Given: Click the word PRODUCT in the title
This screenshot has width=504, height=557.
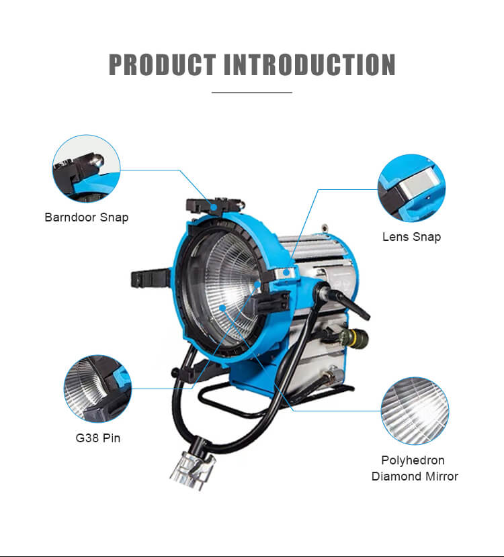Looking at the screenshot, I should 162,64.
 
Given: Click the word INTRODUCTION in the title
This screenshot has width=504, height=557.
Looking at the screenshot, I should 310,64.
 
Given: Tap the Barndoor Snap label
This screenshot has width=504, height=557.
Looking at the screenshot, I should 86,217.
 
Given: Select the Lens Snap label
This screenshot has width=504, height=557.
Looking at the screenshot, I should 411,236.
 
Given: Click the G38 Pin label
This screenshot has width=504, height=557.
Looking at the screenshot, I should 98,439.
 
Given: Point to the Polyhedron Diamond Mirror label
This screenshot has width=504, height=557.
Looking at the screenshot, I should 415,468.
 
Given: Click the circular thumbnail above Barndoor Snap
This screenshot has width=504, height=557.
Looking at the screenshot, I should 86,168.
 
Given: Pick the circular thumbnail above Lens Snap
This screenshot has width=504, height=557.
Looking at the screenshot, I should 411,188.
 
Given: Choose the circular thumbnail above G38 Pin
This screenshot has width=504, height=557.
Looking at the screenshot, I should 97,389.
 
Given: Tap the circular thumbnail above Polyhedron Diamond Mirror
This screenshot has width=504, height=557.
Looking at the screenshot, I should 415,411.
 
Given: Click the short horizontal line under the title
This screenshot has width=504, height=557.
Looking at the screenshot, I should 252,92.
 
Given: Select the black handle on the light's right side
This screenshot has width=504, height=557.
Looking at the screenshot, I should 349,302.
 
